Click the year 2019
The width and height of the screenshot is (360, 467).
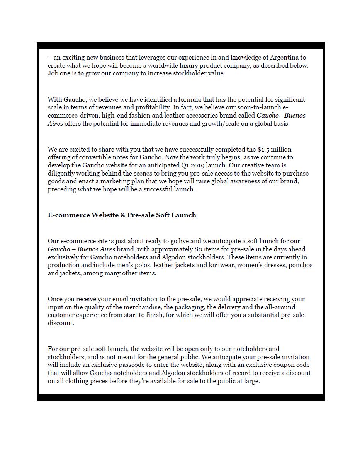click(x=199, y=165)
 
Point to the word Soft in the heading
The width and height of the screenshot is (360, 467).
click(x=163, y=215)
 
